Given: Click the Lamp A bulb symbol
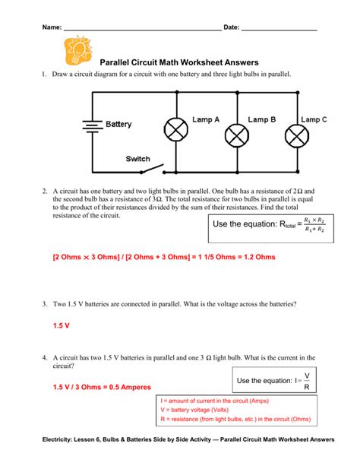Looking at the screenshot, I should (x=177, y=131).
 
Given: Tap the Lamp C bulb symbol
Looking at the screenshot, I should (x=295, y=136).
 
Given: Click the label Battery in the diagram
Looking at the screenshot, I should (x=118, y=124).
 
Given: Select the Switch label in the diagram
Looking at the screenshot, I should (x=137, y=159).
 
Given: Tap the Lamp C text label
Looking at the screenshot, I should (x=314, y=119).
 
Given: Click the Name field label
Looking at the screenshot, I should (x=51, y=27).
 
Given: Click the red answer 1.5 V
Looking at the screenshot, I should (x=62, y=325).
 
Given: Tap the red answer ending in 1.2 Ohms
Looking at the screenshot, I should (x=163, y=257).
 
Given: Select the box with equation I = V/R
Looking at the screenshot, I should (x=276, y=379).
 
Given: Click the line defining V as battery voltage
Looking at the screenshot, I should (x=204, y=410).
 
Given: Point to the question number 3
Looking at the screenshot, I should (x=46, y=303).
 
